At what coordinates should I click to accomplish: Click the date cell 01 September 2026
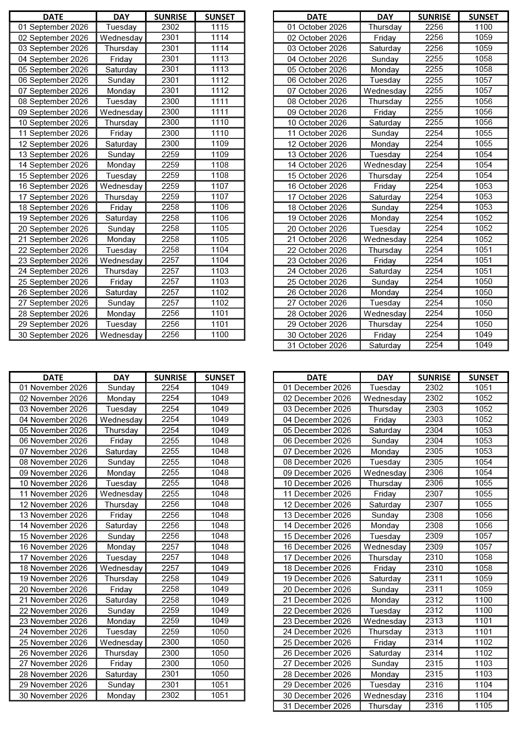coord(53,27)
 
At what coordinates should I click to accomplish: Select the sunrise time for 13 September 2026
coord(171,155)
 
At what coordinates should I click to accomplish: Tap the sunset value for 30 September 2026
coord(220,335)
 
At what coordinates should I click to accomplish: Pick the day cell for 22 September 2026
coord(121,250)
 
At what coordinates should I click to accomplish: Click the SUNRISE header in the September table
coord(171,17)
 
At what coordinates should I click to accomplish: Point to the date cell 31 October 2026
coord(317,346)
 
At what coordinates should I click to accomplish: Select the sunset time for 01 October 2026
coord(484,27)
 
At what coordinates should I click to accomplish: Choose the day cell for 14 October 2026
coord(385,165)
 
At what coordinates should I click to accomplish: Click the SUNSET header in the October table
coord(484,17)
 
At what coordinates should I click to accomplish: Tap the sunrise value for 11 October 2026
coord(434,133)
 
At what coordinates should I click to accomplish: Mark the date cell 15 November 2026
coord(53,537)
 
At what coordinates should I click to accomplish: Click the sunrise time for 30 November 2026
coord(171,695)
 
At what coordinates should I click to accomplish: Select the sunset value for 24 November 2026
coord(220,632)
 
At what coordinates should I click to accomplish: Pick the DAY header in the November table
coord(121,377)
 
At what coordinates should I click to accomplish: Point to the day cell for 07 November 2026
coord(121,452)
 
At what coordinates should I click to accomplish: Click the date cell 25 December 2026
coord(317,643)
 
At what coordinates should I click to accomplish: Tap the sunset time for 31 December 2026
coord(484,706)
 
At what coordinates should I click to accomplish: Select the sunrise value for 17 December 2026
coord(434,557)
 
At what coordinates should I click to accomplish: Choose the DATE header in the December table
coord(317,377)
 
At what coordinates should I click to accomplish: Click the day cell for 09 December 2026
coord(385,473)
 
